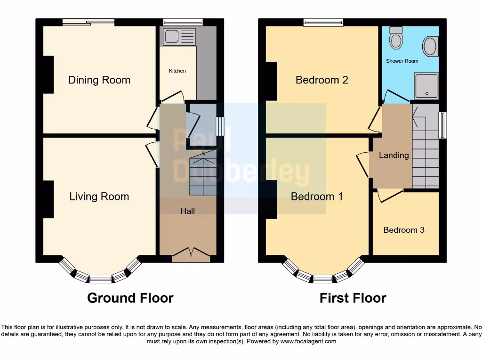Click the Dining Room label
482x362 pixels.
[x=99, y=80]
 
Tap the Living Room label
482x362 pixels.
[x=99, y=197]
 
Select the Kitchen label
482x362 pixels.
[x=177, y=71]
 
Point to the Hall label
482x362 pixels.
[x=188, y=211]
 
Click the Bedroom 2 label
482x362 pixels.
[x=321, y=80]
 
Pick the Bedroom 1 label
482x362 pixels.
[x=316, y=197]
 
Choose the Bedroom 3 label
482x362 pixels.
[x=404, y=230]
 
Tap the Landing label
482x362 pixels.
[x=394, y=155]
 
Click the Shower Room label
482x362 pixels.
[x=402, y=61]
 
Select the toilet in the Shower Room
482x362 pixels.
[x=396, y=38]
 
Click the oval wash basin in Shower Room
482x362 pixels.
[x=430, y=46]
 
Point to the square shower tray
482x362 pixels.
[x=426, y=85]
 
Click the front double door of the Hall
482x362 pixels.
[x=191, y=255]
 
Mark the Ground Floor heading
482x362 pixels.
[x=130, y=298]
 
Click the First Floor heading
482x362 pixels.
[x=353, y=298]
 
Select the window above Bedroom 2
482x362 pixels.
[x=323, y=22]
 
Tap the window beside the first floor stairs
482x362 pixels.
[x=442, y=125]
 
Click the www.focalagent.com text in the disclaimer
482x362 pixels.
[x=308, y=341]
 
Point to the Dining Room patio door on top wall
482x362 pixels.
[x=88, y=22]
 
